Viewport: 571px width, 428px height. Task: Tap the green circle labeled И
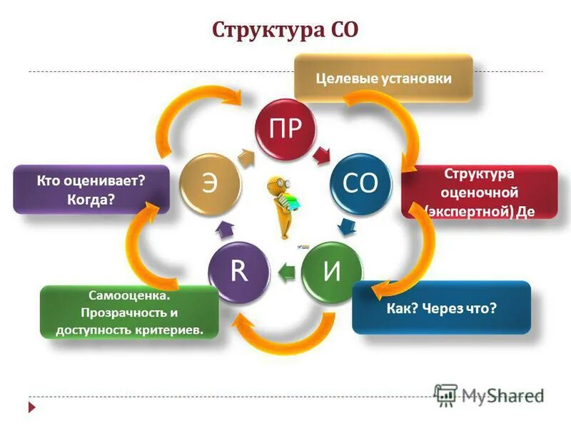point(331,272)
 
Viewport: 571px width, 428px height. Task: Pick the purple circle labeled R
point(238,272)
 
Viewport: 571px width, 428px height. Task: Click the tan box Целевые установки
point(384,78)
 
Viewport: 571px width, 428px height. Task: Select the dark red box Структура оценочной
point(479,191)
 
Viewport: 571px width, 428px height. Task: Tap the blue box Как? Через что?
point(441,307)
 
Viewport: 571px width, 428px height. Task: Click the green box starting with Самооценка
point(129,312)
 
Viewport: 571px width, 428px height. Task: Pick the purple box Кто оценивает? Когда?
point(91,190)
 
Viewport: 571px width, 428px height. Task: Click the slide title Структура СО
point(285,31)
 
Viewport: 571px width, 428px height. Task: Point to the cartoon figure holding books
point(281,207)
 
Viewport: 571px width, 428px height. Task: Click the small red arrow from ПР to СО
point(323,153)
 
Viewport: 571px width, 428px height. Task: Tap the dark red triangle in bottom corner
point(31,407)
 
